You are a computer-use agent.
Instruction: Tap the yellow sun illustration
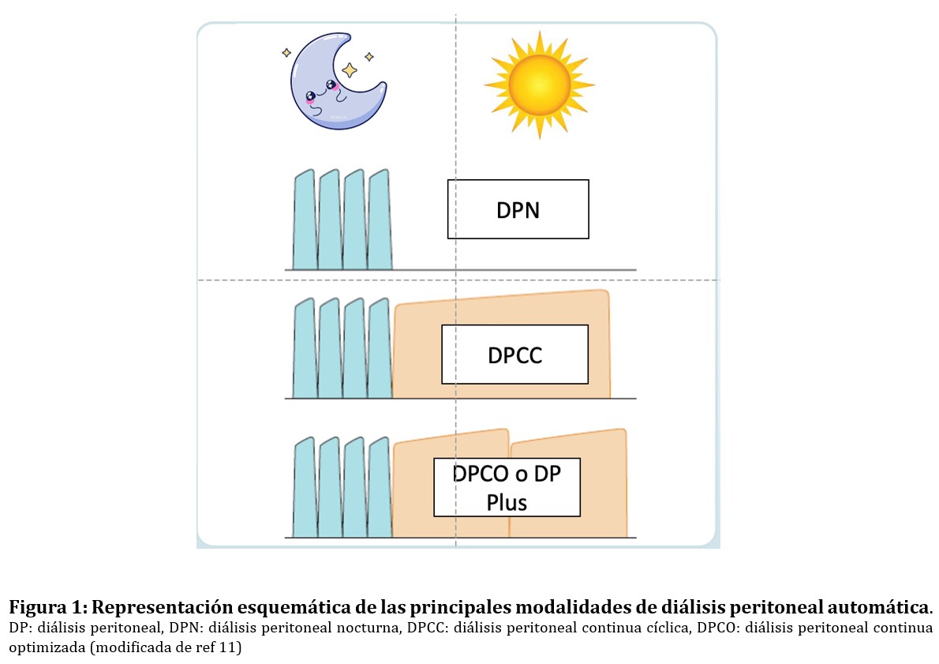(538, 84)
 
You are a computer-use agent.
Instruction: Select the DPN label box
(518, 209)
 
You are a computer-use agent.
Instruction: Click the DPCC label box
(514, 355)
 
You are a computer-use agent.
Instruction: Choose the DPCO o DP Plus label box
(507, 487)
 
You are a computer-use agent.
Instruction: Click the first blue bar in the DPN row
(304, 221)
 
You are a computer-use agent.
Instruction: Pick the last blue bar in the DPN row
(380, 221)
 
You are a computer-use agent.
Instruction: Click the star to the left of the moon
(286, 53)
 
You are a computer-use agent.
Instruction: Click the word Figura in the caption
(36, 608)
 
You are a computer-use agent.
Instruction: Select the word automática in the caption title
(888, 608)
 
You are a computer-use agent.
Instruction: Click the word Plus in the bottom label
(507, 502)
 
